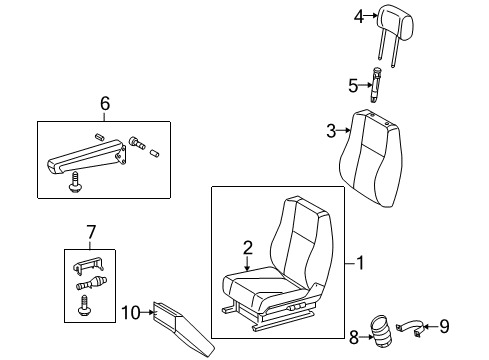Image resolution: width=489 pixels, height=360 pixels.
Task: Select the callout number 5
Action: click(x=352, y=85)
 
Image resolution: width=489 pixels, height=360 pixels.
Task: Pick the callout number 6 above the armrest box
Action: click(x=104, y=104)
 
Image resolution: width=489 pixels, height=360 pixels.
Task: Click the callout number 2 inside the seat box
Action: click(x=246, y=248)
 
